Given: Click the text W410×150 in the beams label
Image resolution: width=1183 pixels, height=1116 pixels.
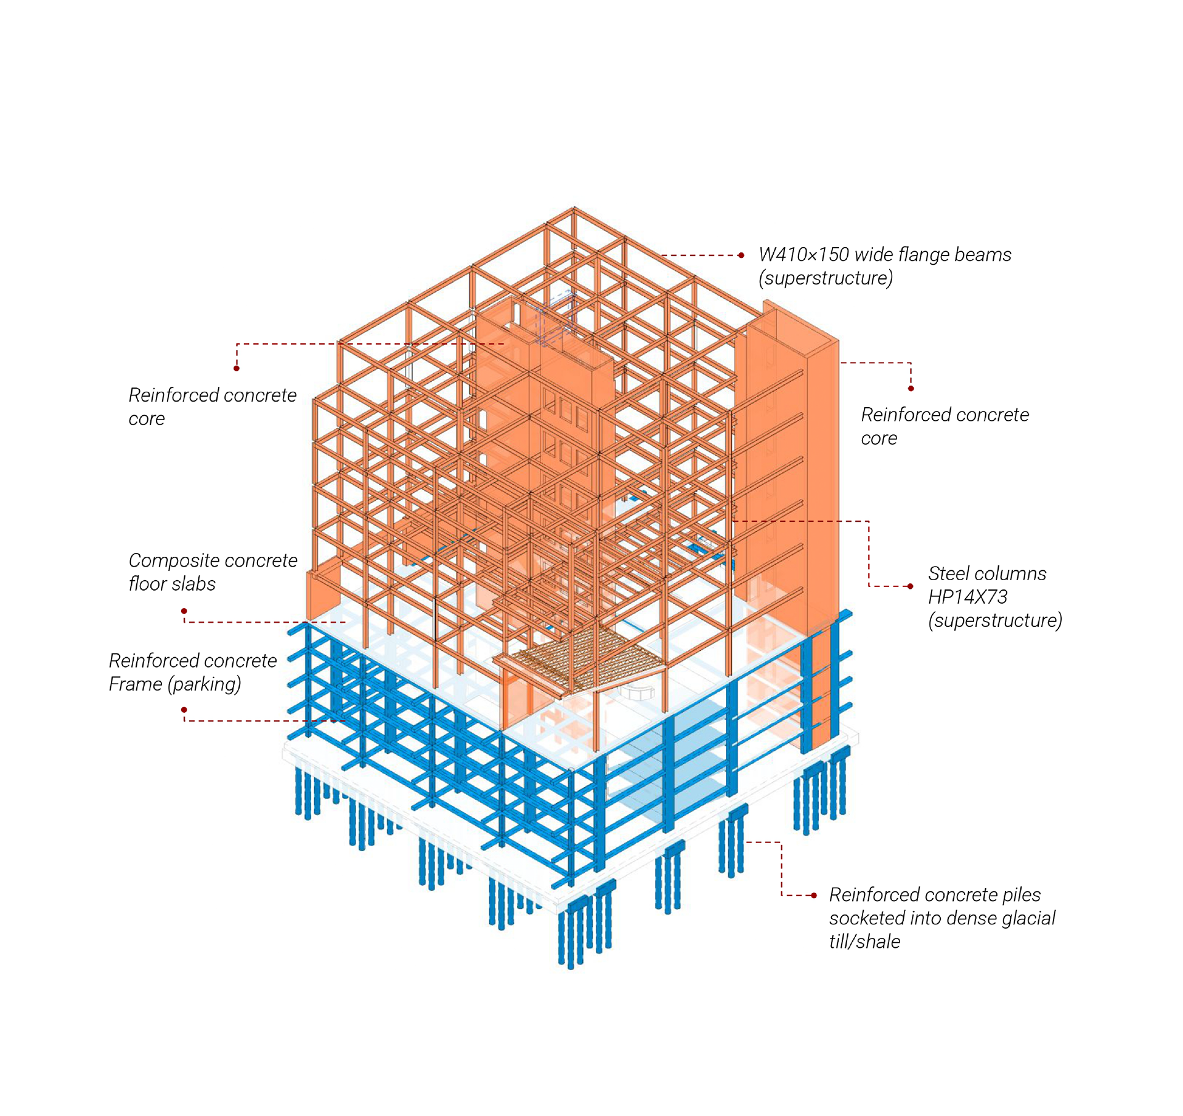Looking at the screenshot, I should point(803,255).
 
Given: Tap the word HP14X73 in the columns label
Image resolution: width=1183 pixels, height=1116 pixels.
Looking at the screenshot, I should point(967,597).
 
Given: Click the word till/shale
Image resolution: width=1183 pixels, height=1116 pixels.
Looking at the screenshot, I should point(864,942).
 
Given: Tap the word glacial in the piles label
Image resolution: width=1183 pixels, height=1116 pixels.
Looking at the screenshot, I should point(1028,918).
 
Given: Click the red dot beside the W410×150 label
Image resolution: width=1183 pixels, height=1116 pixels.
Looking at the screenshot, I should point(741,255).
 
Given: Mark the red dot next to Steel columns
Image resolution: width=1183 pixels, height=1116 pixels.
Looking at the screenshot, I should point(910,586).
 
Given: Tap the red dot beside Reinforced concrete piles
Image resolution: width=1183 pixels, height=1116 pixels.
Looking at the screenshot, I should point(814,896).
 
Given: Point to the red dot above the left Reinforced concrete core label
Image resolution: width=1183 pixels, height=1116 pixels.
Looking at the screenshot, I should point(237,368).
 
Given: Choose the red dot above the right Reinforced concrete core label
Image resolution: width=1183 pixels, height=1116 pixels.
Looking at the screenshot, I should point(911,389).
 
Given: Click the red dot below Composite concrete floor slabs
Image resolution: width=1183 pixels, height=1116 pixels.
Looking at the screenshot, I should point(184,611).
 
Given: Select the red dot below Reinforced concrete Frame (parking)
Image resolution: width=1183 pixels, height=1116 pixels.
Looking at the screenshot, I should point(184,710).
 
